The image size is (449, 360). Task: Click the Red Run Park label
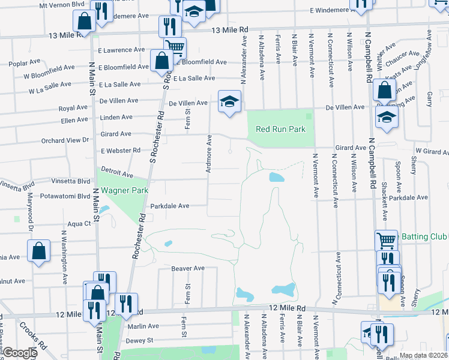pyautogui.click(x=280, y=129)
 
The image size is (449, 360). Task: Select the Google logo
pyautogui.click(x=20, y=353)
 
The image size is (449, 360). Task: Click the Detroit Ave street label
pyautogui.click(x=117, y=173)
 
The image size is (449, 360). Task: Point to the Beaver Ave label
pyautogui.click(x=188, y=268)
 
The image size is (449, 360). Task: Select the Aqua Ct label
pyautogui.click(x=79, y=223)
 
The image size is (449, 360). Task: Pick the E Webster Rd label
pyautogui.click(x=121, y=150)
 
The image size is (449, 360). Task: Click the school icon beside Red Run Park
pyautogui.click(x=229, y=102)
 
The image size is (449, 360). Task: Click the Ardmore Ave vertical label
pyautogui.click(x=209, y=154)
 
